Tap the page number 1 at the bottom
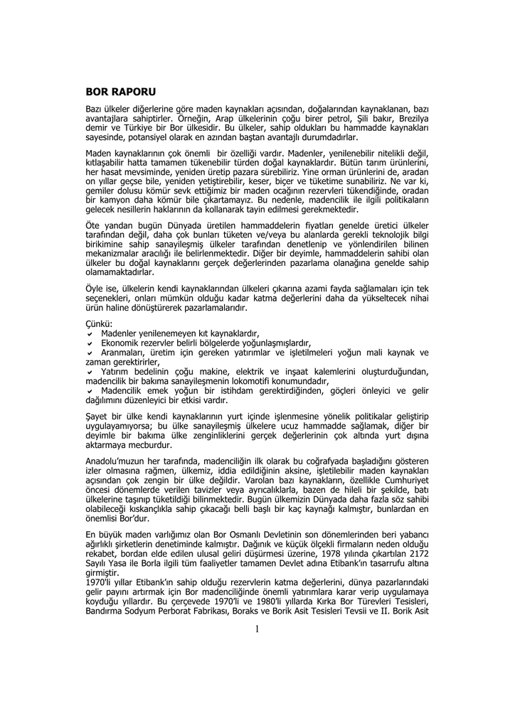[257, 628]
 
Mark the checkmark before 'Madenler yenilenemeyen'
[89, 333]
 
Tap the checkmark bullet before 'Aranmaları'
[89, 353]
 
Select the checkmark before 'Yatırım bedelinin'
[89, 372]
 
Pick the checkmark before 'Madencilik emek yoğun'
[89, 391]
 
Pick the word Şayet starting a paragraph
[97, 412]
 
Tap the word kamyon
[117, 201]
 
